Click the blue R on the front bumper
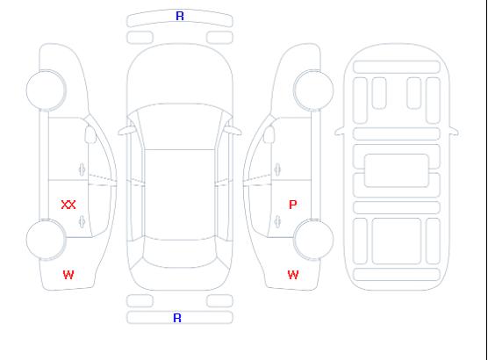tap(180, 16)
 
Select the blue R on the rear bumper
tap(177, 318)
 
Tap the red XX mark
tap(68, 205)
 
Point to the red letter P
tap(293, 205)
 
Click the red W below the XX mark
tap(68, 275)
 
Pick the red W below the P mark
tap(293, 275)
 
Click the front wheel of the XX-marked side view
tap(46, 90)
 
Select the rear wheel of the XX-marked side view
tap(46, 240)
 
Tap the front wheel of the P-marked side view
tap(313, 90)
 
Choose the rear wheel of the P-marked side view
tap(313, 240)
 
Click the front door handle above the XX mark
tap(83, 169)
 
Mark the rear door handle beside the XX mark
tap(83, 221)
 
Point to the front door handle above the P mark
tap(277, 169)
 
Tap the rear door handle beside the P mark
tap(277, 221)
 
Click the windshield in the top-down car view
tap(180, 126)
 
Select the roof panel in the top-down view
tap(180, 195)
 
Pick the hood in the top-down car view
tap(180, 75)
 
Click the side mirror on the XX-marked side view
tap(90, 134)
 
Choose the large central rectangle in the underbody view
tap(397, 170)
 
